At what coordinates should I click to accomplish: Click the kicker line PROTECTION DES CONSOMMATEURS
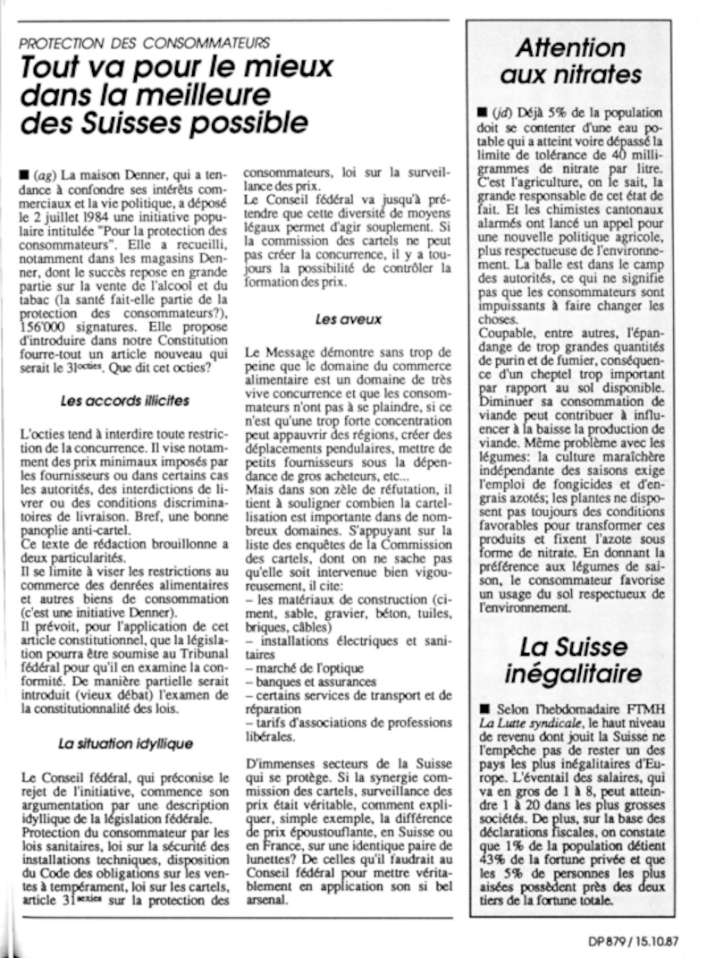143,42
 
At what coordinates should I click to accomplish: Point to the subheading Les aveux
336,318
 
